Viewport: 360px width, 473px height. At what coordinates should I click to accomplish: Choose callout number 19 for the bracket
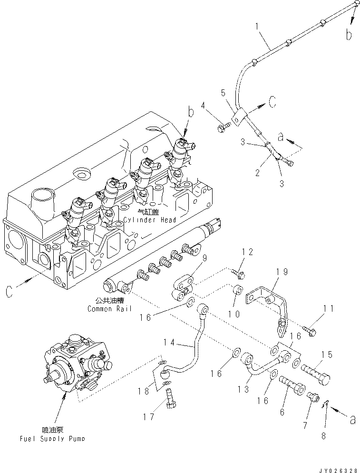282,272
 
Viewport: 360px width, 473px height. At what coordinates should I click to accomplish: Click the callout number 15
326,355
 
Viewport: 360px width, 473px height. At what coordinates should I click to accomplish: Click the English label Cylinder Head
150,220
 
